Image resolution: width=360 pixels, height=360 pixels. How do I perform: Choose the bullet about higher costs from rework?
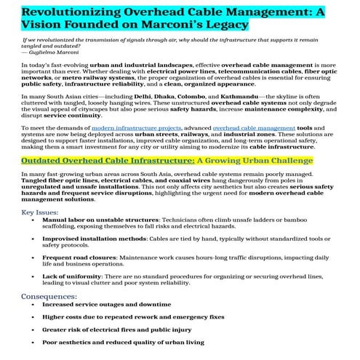[133, 317]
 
